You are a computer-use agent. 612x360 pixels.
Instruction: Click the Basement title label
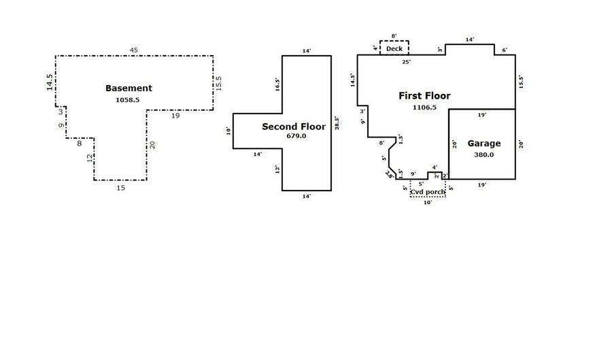pyautogui.click(x=129, y=88)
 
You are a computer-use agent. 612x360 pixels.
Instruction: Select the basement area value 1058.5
pyautogui.click(x=128, y=100)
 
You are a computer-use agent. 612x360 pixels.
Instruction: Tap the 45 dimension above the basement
pyautogui.click(x=134, y=50)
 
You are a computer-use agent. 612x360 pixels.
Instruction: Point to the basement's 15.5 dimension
pyautogui.click(x=218, y=83)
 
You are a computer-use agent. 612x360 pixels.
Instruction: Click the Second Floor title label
pyautogui.click(x=294, y=127)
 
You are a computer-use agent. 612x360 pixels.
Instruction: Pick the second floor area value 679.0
pyautogui.click(x=296, y=136)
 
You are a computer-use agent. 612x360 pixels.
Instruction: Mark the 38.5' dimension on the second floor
pyautogui.click(x=337, y=123)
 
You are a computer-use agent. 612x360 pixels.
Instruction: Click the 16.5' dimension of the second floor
pyautogui.click(x=277, y=85)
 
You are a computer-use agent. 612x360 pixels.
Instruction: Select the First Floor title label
pyautogui.click(x=424, y=96)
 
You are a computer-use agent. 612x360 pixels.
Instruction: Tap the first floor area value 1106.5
pyautogui.click(x=424, y=108)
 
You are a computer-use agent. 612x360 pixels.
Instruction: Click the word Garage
pyautogui.click(x=484, y=144)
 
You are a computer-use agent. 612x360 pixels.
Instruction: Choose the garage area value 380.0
pyautogui.click(x=484, y=154)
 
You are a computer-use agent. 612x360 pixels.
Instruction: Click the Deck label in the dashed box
pyautogui.click(x=394, y=49)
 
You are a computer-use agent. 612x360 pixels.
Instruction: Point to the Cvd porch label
pyautogui.click(x=428, y=192)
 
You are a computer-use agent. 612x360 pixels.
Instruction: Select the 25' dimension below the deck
pyautogui.click(x=407, y=62)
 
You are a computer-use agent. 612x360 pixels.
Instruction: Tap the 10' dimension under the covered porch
pyautogui.click(x=428, y=203)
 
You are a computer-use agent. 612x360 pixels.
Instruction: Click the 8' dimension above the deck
pyautogui.click(x=394, y=36)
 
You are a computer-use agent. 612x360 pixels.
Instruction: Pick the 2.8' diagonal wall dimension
pyautogui.click(x=390, y=174)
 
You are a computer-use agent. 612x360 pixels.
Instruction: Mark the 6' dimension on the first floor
pyautogui.click(x=505, y=50)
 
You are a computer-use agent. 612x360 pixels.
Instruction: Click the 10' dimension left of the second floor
pyautogui.click(x=228, y=131)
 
